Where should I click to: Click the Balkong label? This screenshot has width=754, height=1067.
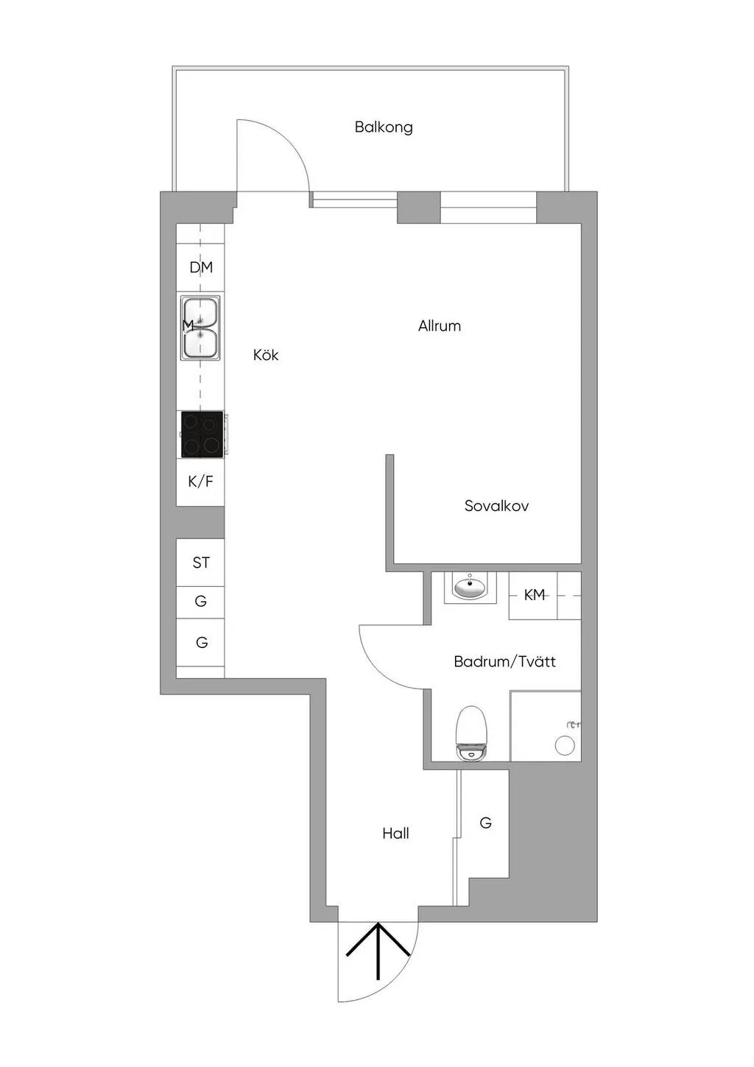pos(384,127)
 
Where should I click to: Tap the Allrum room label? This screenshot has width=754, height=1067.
pos(439,326)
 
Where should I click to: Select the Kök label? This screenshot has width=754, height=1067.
pos(266,355)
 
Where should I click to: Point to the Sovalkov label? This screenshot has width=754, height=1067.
pos(496,505)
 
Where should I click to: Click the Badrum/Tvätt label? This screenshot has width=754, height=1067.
pos(504,662)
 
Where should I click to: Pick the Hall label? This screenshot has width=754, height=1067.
pos(395,834)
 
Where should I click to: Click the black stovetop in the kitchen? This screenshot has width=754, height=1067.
pos(202,434)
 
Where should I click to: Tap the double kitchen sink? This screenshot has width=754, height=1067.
pos(200,327)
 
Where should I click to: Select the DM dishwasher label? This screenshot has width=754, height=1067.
pos(201,268)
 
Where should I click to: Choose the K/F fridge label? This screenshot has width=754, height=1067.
pos(200,482)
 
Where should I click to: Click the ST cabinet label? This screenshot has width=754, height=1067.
pos(200,563)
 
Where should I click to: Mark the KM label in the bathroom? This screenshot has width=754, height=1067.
pos(534,595)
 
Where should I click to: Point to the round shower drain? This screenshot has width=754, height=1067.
pos(565,745)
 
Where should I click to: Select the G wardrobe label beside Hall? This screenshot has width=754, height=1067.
pos(485,823)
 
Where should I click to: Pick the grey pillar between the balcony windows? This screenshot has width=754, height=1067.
pos(419,207)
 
